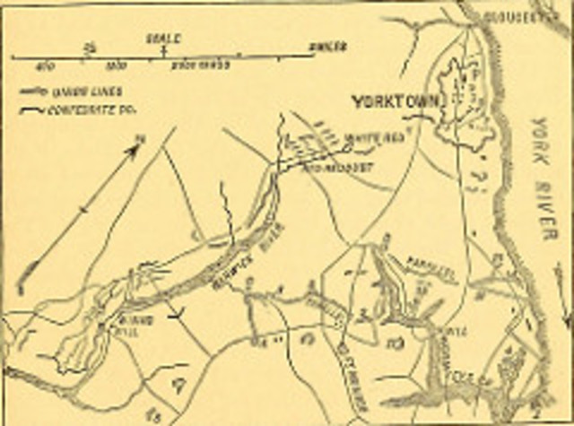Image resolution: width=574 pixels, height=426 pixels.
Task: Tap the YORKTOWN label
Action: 395,100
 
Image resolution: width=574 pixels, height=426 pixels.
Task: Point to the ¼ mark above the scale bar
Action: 88,44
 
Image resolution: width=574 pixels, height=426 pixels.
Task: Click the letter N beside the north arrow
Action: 143,138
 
